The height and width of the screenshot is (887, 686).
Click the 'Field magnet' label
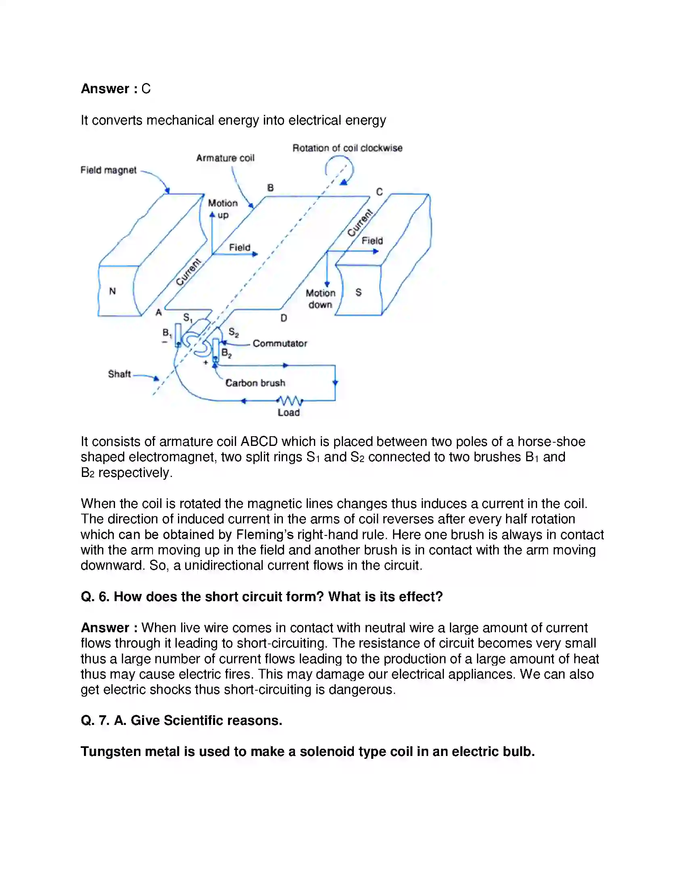pyautogui.click(x=108, y=170)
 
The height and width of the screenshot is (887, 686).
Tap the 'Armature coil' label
pyautogui.click(x=225, y=158)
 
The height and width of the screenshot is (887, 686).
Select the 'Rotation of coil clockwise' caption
pyautogui.click(x=347, y=148)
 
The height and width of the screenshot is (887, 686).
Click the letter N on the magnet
pyautogui.click(x=113, y=291)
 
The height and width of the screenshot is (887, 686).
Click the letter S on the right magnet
pyautogui.click(x=358, y=292)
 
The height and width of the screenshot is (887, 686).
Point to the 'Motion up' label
pyautogui.click(x=223, y=209)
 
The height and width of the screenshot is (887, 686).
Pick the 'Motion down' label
pyautogui.click(x=320, y=299)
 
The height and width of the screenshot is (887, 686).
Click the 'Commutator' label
pyautogui.click(x=280, y=344)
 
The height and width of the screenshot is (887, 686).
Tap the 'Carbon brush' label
pyautogui.click(x=255, y=383)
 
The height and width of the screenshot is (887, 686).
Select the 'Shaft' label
pyautogui.click(x=119, y=374)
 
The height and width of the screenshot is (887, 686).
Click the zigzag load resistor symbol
pyautogui.click(x=289, y=401)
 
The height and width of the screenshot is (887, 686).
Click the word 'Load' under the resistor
pyautogui.click(x=289, y=412)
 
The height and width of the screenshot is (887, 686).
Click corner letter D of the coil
pyautogui.click(x=284, y=319)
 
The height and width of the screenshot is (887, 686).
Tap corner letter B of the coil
pyautogui.click(x=270, y=187)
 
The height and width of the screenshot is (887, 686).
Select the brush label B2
pyautogui.click(x=226, y=353)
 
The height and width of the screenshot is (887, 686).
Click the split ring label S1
pyautogui.click(x=188, y=318)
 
